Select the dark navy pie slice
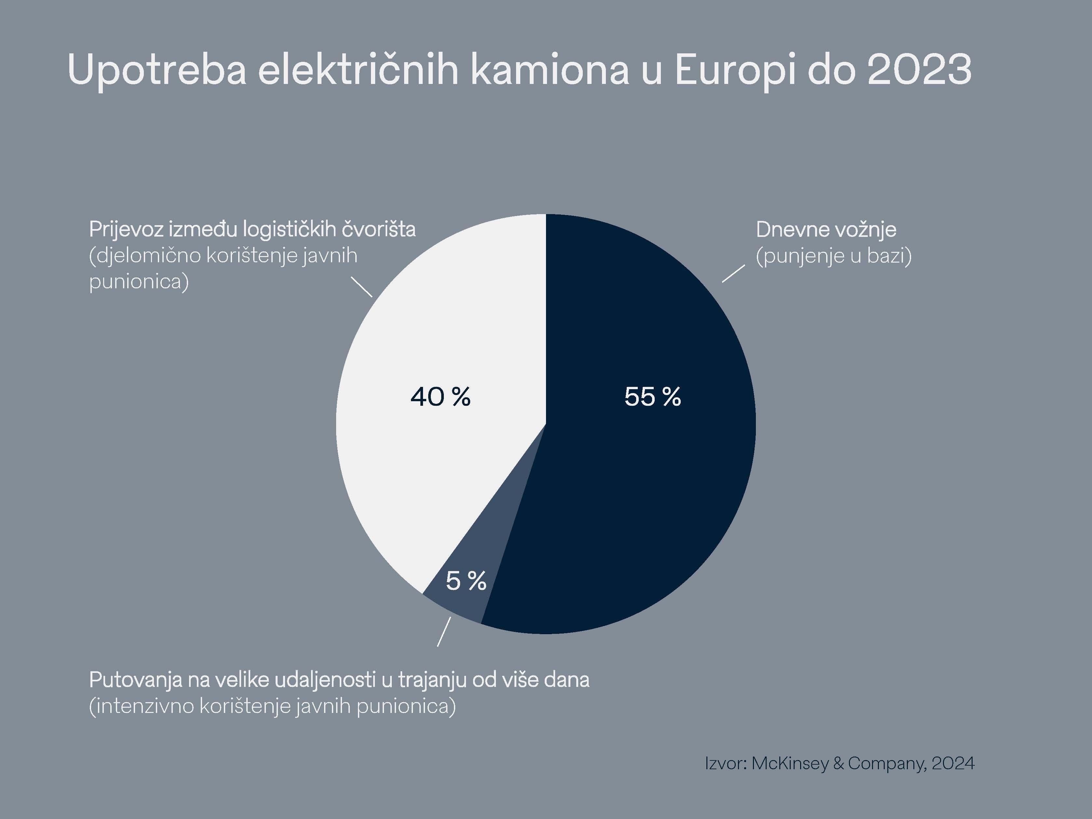(642, 494)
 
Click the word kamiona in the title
(550, 70)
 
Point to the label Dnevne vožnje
(826, 229)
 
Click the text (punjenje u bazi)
(833, 256)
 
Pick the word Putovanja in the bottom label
(135, 680)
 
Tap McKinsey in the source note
(790, 764)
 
